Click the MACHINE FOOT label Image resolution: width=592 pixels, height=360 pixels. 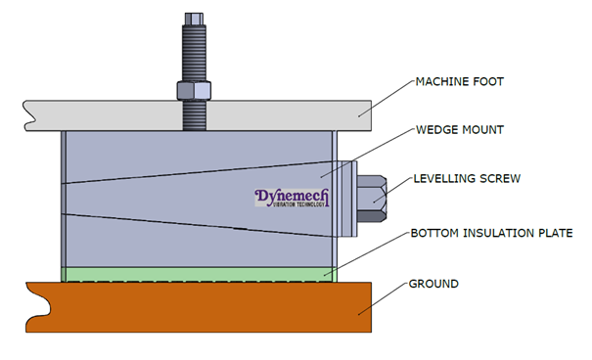tap(459, 81)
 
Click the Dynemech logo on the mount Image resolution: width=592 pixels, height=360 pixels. tap(293, 200)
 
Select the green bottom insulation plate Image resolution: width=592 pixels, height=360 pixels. tap(196, 273)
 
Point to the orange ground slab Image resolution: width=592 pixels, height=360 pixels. tap(196, 308)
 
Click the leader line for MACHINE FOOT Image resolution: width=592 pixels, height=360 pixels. tap(382, 99)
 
